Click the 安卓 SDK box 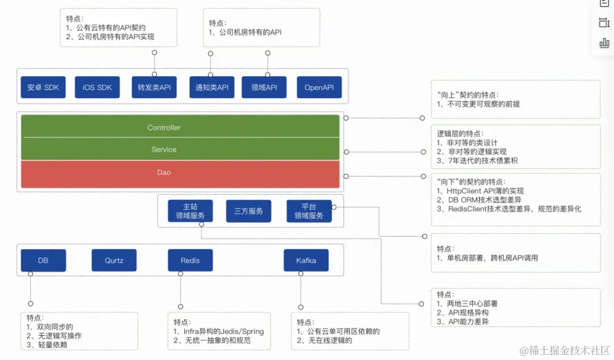tap(43, 88)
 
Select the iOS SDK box tap(97, 88)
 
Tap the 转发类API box tap(154, 88)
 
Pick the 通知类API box tap(211, 88)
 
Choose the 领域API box tap(264, 88)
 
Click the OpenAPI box tap(319, 88)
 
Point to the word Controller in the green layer tap(164, 127)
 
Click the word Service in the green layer tap(164, 150)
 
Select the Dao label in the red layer tap(164, 172)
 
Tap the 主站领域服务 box tap(190, 211)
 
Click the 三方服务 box tap(248, 211)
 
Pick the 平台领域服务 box tap(309, 211)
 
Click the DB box tap(43, 260)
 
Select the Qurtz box tap(114, 260)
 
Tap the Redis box tap(190, 260)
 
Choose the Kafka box tap(306, 260)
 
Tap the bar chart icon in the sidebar tap(604, 43)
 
